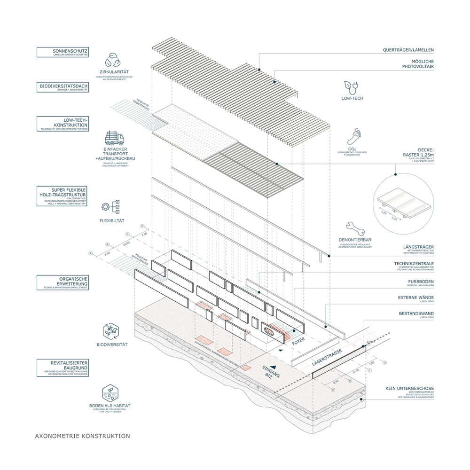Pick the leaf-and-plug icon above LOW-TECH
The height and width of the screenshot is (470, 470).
click(x=353, y=87)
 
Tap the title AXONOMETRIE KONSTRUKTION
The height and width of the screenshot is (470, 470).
click(x=82, y=436)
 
